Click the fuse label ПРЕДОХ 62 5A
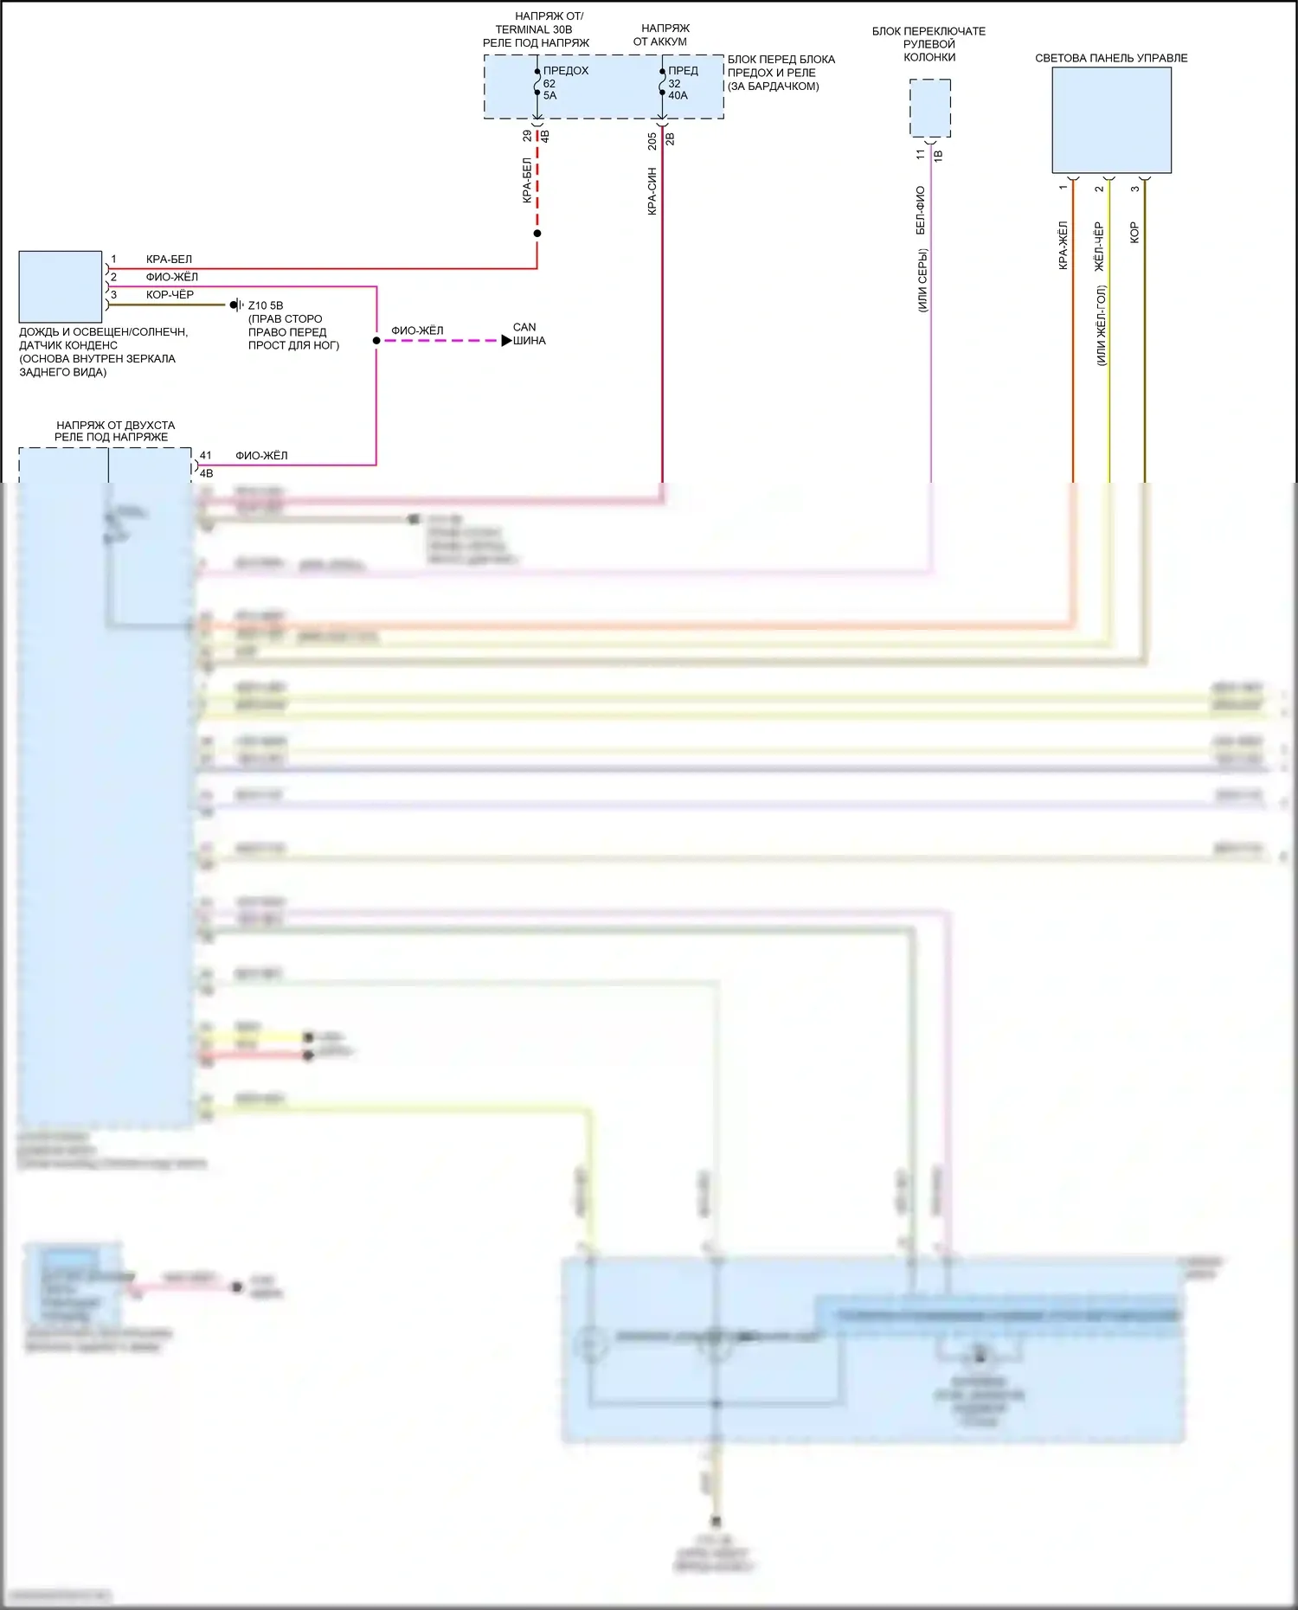pos(564,83)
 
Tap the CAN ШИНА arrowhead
pos(506,341)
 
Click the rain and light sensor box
pos(61,287)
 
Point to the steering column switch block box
pos(930,108)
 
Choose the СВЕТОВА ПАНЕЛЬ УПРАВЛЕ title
pos(1111,58)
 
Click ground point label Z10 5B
pos(266,305)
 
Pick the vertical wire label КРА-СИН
pos(652,191)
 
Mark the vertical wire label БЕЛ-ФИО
pos(920,210)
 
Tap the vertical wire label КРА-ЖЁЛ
pos(1063,246)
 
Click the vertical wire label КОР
pos(1134,232)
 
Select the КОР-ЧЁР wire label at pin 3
pos(170,295)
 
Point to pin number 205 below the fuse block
pos(652,141)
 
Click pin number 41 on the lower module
pos(206,455)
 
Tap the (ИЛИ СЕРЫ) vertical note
pos(922,280)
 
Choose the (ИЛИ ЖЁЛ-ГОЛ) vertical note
pos(1101,325)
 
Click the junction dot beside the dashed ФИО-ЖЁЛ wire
pos(376,341)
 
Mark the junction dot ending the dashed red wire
pos(537,234)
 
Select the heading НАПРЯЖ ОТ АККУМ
pos(663,35)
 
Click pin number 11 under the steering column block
pos(920,154)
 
